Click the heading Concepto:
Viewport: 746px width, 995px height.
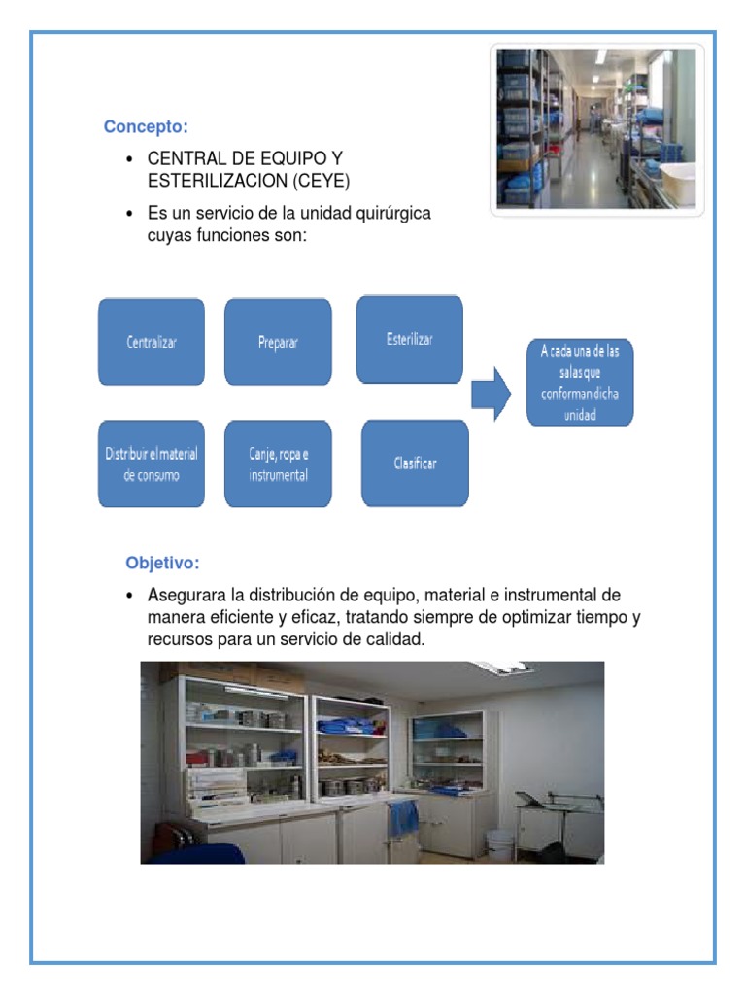point(146,127)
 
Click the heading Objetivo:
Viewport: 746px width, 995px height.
point(162,563)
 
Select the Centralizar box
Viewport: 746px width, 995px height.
point(152,342)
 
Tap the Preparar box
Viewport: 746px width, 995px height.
point(278,342)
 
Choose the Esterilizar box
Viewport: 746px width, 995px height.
point(409,339)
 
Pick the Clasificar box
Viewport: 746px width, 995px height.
point(415,463)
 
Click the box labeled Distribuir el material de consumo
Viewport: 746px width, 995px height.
point(152,464)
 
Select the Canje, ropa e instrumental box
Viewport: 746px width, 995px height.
point(278,464)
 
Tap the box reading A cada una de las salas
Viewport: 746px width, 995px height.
point(580,382)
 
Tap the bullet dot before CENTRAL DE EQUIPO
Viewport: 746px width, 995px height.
point(128,158)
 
